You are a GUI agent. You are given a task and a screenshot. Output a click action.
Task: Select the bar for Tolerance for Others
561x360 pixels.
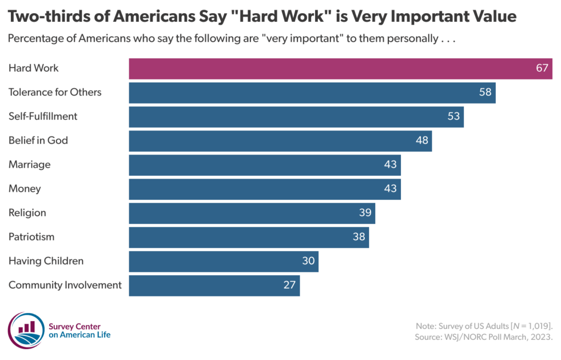pos(312,93)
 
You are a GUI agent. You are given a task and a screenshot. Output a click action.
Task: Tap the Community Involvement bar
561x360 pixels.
pos(214,285)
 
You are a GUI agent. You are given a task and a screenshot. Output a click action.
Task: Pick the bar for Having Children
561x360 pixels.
pos(223,261)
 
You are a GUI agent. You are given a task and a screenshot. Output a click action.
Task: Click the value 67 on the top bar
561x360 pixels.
pos(542,68)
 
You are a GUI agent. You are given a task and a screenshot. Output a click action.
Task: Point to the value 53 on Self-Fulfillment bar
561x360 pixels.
pos(454,117)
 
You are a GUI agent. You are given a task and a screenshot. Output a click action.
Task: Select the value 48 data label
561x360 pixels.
pos(422,141)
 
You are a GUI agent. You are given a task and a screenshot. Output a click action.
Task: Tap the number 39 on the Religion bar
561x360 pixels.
pos(365,213)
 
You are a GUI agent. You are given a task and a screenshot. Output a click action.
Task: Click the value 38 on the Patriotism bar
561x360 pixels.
pos(359,237)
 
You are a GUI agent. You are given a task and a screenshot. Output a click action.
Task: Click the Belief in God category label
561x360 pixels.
pos(38,141)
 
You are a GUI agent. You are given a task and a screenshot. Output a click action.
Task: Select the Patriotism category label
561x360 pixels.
pos(31,237)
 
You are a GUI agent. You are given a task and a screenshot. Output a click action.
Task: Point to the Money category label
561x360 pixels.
pos(25,189)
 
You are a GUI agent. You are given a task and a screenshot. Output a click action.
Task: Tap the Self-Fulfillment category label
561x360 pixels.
pos(43,117)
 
